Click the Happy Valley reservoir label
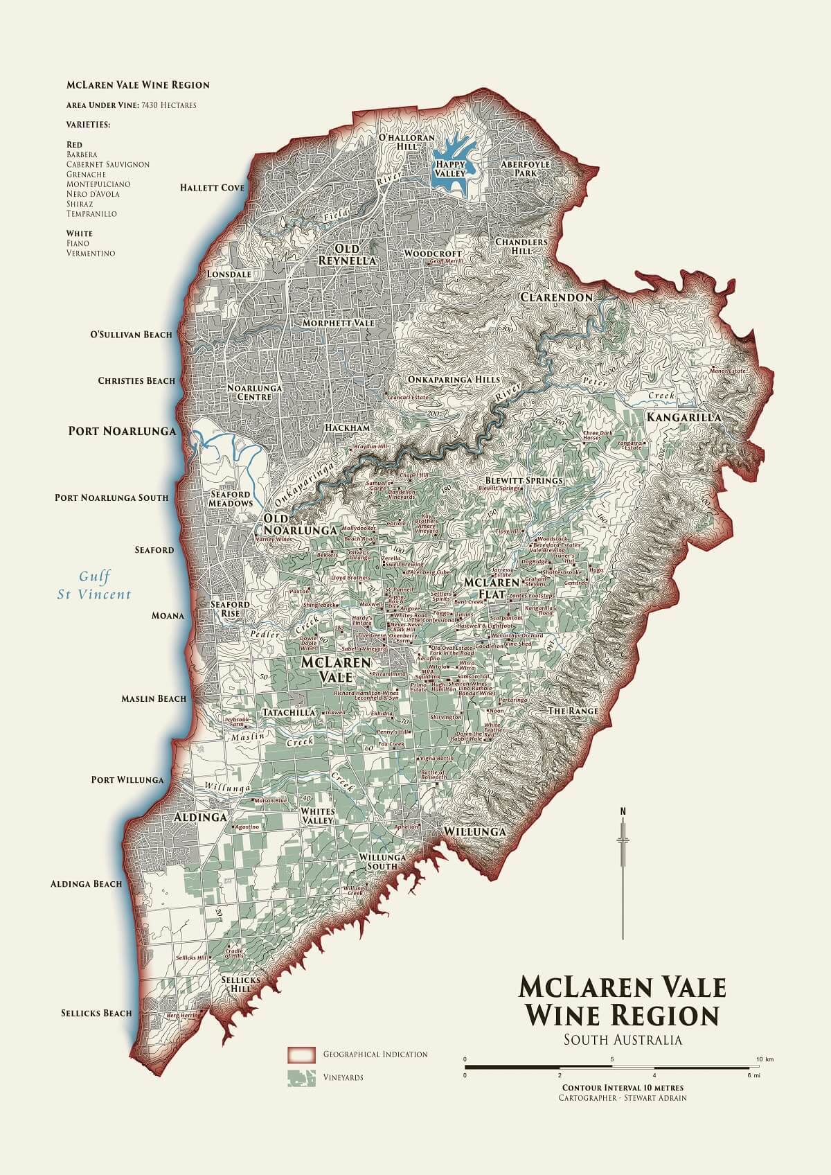pos(451,168)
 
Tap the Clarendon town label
pos(556,297)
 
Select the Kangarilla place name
pos(683,417)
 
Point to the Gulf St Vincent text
pos(94,585)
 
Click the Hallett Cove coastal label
pos(212,188)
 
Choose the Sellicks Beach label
pos(96,1013)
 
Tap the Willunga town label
pos(474,831)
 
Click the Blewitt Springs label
pos(524,480)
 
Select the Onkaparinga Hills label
pos(454,380)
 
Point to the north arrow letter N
pos(623,811)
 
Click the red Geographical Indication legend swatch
pos(301,1054)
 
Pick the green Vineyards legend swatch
pos(301,1078)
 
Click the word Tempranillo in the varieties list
pos(91,214)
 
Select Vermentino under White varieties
pos(91,254)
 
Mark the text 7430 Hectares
pos(168,105)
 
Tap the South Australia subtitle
pos(623,1040)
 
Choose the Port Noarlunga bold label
pos(122,431)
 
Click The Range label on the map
pos(573,711)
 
